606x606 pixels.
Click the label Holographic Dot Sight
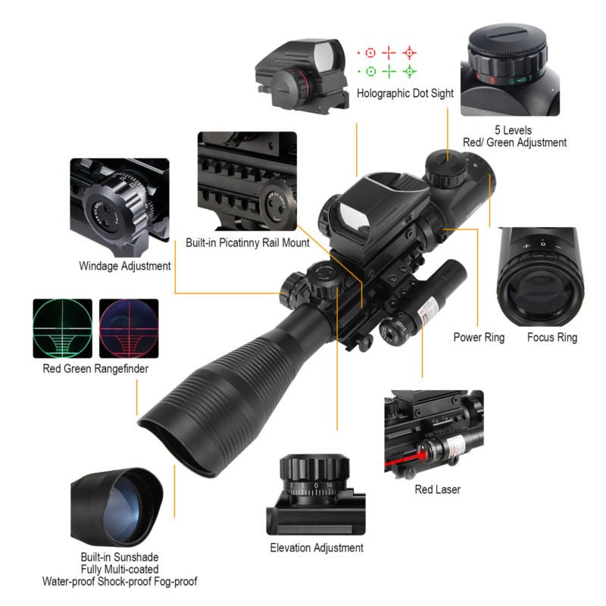405,94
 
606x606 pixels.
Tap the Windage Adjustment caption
125,266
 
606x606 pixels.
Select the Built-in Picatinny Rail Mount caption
248,243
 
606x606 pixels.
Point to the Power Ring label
479,337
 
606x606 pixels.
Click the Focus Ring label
552,337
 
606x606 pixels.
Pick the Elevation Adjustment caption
317,548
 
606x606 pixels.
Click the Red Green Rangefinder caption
95,370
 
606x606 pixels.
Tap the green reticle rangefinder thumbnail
62,329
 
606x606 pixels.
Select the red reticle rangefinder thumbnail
129,329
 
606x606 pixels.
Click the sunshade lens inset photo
116,503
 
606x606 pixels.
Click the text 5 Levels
514,130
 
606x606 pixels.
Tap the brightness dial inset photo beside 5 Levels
509,69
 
